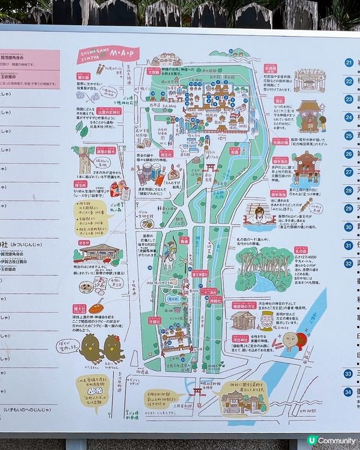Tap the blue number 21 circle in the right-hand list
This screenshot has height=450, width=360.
click(349, 62)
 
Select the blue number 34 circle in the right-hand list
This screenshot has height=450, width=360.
click(349, 392)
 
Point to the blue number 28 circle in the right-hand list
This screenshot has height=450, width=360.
click(349, 190)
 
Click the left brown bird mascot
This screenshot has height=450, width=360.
click(91, 348)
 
